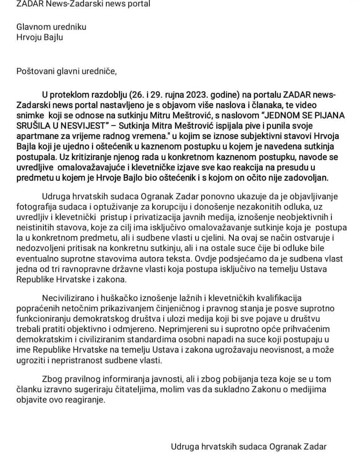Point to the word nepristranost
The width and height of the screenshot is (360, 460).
point(80,361)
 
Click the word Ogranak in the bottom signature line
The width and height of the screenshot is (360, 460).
point(285,447)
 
